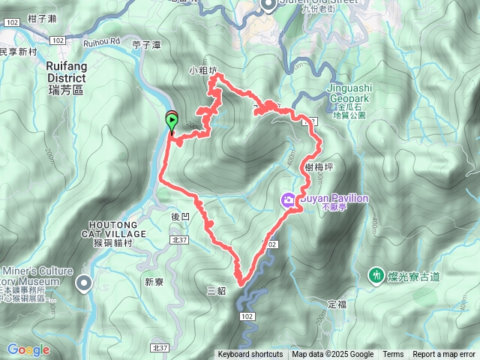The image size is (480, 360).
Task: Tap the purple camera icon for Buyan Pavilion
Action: click(289, 199)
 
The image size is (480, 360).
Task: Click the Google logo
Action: click(28, 349)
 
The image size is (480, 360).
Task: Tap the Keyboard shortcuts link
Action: click(250, 355)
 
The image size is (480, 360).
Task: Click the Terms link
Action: click(393, 355)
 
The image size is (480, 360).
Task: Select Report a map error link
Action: click(445, 355)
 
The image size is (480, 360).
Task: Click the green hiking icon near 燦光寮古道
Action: click(376, 276)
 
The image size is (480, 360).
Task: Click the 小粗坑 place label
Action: click(203, 72)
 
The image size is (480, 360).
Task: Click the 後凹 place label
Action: click(181, 216)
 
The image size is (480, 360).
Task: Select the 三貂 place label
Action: click(215, 289)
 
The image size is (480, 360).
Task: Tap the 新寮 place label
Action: click(154, 282)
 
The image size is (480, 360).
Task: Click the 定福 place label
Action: click(337, 304)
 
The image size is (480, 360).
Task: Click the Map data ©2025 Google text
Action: click(332, 355)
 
